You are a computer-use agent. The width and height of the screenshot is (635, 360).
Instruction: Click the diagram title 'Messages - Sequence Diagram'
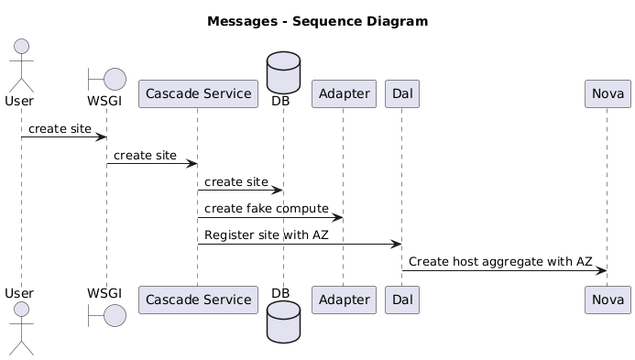coord(317,21)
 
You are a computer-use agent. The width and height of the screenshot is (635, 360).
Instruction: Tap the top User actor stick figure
coord(21,66)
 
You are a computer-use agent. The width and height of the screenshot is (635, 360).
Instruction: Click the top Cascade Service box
coord(199,94)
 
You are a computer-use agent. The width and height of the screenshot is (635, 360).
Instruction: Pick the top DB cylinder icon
coord(283,73)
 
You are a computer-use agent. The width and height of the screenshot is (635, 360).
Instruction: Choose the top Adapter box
coord(344,94)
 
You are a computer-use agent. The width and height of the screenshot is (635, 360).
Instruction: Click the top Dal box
coord(402,94)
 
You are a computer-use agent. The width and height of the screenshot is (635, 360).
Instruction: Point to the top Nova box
coord(608,94)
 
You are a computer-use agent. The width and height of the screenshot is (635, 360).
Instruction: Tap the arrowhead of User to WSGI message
coord(101,137)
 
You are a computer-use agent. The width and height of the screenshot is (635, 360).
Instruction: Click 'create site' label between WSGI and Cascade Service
coord(145,156)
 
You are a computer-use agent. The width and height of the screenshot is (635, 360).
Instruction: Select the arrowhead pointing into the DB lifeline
coord(278,191)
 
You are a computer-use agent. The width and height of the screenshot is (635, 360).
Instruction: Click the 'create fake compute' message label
coord(267,209)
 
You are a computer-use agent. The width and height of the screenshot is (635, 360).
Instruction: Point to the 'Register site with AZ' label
coord(267,235)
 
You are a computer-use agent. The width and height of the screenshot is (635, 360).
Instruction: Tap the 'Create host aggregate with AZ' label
coord(500,262)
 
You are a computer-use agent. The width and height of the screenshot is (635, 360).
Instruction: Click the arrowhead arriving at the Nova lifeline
coord(601,271)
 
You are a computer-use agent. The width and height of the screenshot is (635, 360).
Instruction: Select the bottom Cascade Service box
coord(199,300)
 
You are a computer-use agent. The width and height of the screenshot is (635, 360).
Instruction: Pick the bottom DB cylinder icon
coord(283,322)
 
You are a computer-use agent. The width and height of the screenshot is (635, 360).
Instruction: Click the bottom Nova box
coord(608,300)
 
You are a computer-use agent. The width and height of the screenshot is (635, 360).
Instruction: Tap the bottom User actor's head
coord(21,310)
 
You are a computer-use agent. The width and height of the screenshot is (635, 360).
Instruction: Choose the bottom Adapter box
coord(344,300)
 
